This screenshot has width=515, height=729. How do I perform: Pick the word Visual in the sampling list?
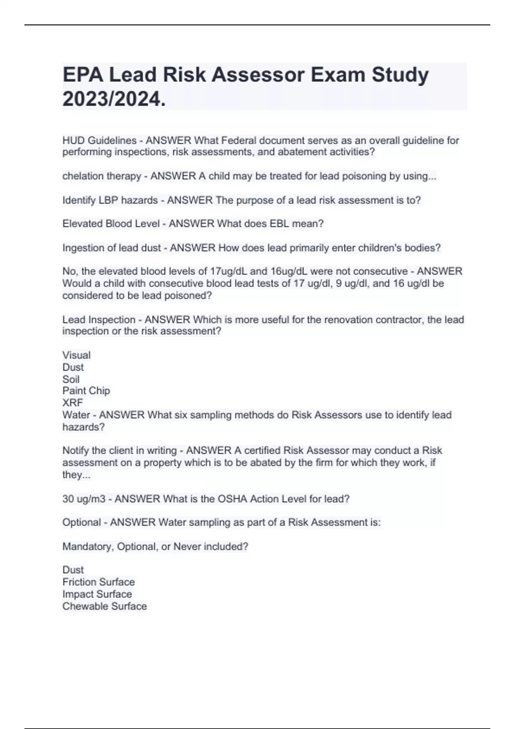(x=76, y=355)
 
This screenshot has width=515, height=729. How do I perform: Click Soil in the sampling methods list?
(x=71, y=379)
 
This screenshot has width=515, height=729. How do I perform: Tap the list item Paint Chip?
(x=86, y=391)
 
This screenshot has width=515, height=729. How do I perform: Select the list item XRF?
(x=73, y=403)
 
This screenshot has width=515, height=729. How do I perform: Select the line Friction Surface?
(x=98, y=582)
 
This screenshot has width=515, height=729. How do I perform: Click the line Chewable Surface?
(x=104, y=606)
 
